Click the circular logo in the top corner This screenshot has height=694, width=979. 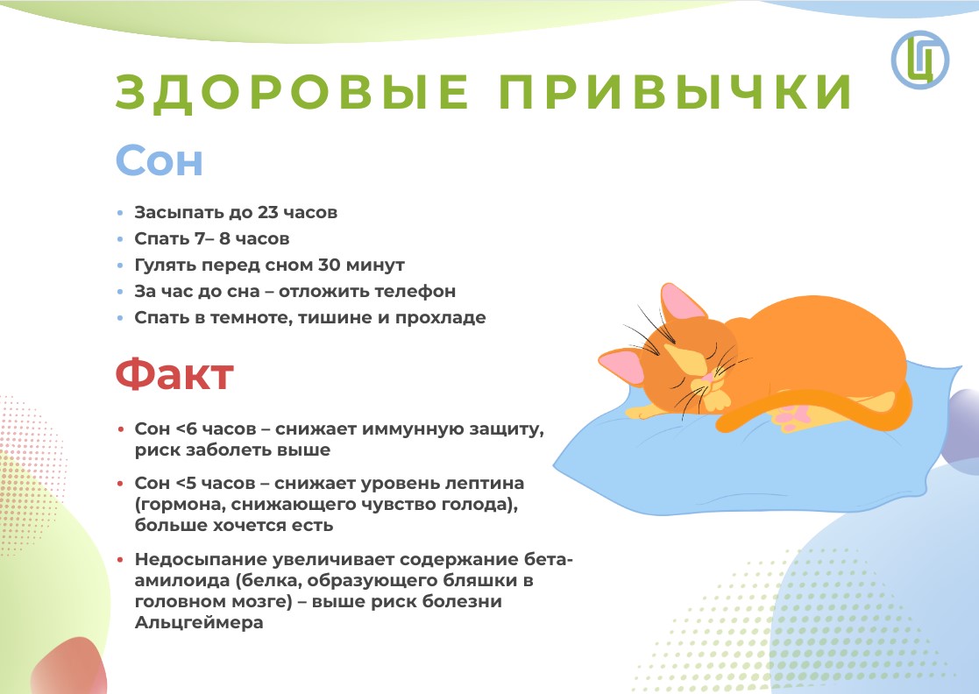919,60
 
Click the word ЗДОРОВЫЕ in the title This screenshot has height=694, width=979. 292,92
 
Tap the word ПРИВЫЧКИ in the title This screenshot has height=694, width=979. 676,92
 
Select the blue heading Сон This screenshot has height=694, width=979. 160,161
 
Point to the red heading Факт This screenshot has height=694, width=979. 174,374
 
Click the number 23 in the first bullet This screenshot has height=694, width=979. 268,212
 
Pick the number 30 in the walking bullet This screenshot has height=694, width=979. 329,265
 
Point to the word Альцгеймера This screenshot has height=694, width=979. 199,623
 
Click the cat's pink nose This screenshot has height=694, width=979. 706,378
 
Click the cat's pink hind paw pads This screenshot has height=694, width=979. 791,417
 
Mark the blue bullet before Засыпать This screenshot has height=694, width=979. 120,213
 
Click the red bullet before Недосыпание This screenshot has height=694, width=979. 120,560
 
